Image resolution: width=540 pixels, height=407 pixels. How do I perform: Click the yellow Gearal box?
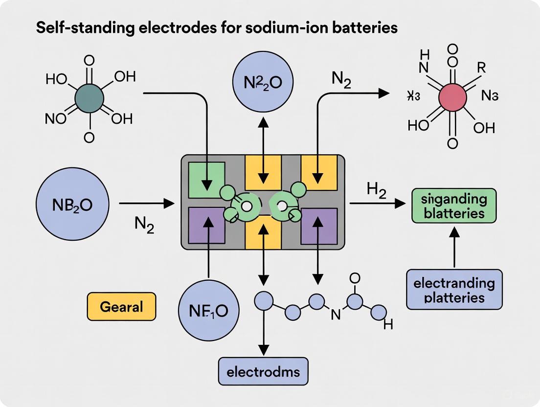point(121,307)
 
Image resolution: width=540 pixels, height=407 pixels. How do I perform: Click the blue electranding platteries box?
point(454,290)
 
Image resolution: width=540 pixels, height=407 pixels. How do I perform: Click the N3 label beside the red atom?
point(490,96)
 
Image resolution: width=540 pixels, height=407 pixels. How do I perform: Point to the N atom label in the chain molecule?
point(336,316)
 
